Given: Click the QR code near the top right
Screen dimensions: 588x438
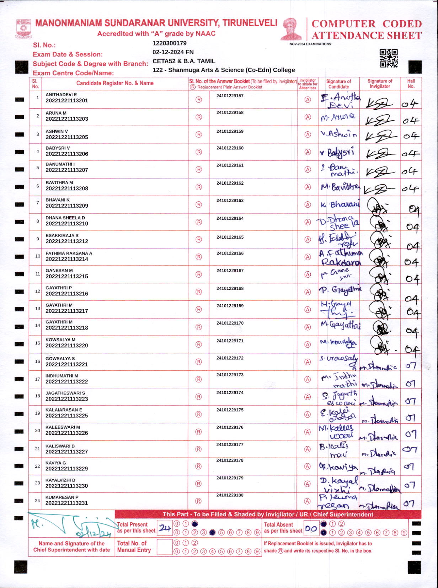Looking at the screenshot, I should (x=388, y=58).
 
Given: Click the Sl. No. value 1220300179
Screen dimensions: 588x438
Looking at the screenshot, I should (x=169, y=43).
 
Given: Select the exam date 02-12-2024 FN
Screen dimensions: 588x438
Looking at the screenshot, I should (x=173, y=52).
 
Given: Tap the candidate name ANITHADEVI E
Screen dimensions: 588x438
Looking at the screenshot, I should (x=61, y=95).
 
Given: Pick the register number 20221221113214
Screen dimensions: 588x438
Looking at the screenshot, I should (x=67, y=259).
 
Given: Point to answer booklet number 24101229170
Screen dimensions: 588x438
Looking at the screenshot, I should (x=230, y=323).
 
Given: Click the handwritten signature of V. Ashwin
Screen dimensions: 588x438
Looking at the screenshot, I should (x=338, y=134).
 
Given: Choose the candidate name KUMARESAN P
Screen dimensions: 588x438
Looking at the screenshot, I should (x=62, y=497).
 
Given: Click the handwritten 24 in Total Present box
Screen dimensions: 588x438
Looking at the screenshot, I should (x=165, y=528).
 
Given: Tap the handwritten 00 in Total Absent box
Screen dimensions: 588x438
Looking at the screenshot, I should (x=311, y=529).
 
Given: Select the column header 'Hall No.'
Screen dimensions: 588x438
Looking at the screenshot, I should (x=411, y=83).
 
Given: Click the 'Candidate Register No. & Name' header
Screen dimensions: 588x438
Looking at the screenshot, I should (x=115, y=83).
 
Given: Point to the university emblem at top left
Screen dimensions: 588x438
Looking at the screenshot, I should (x=24, y=29).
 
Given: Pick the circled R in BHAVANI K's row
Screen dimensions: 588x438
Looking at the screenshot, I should (x=199, y=205).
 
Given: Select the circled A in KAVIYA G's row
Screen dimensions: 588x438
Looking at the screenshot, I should (x=308, y=466).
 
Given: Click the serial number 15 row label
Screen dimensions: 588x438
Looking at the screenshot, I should (x=38, y=343).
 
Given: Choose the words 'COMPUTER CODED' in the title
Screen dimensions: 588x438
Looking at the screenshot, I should (x=367, y=24).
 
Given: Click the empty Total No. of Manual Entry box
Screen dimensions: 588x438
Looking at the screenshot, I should (x=165, y=547).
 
